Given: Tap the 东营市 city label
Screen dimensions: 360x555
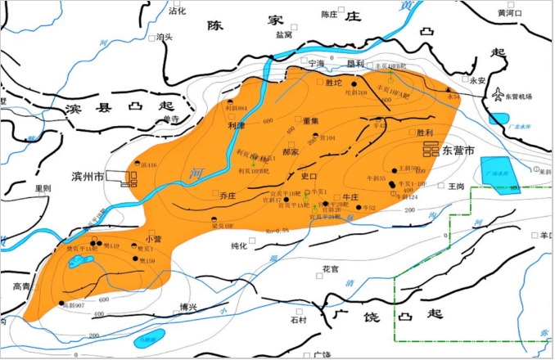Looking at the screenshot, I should tap(464, 151).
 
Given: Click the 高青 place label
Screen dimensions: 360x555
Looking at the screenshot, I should tap(22, 286).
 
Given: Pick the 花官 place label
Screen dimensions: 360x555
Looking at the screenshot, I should tap(330, 268).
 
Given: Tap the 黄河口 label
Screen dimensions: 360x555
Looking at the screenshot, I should tap(511, 13).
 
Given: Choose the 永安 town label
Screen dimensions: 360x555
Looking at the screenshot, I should tap(478, 80).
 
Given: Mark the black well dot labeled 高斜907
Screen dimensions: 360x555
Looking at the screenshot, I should tap(63, 304).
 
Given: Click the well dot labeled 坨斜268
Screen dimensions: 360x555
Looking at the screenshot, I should tap(354, 84).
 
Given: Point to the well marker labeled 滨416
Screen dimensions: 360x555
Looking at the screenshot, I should tap(137, 163).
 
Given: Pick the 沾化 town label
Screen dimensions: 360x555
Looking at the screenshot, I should tap(178, 11).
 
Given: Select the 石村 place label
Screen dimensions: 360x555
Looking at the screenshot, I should tap(291, 320).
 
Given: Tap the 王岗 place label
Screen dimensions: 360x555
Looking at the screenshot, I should tap(456, 187).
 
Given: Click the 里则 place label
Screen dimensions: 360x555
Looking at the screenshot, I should tap(43, 187).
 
